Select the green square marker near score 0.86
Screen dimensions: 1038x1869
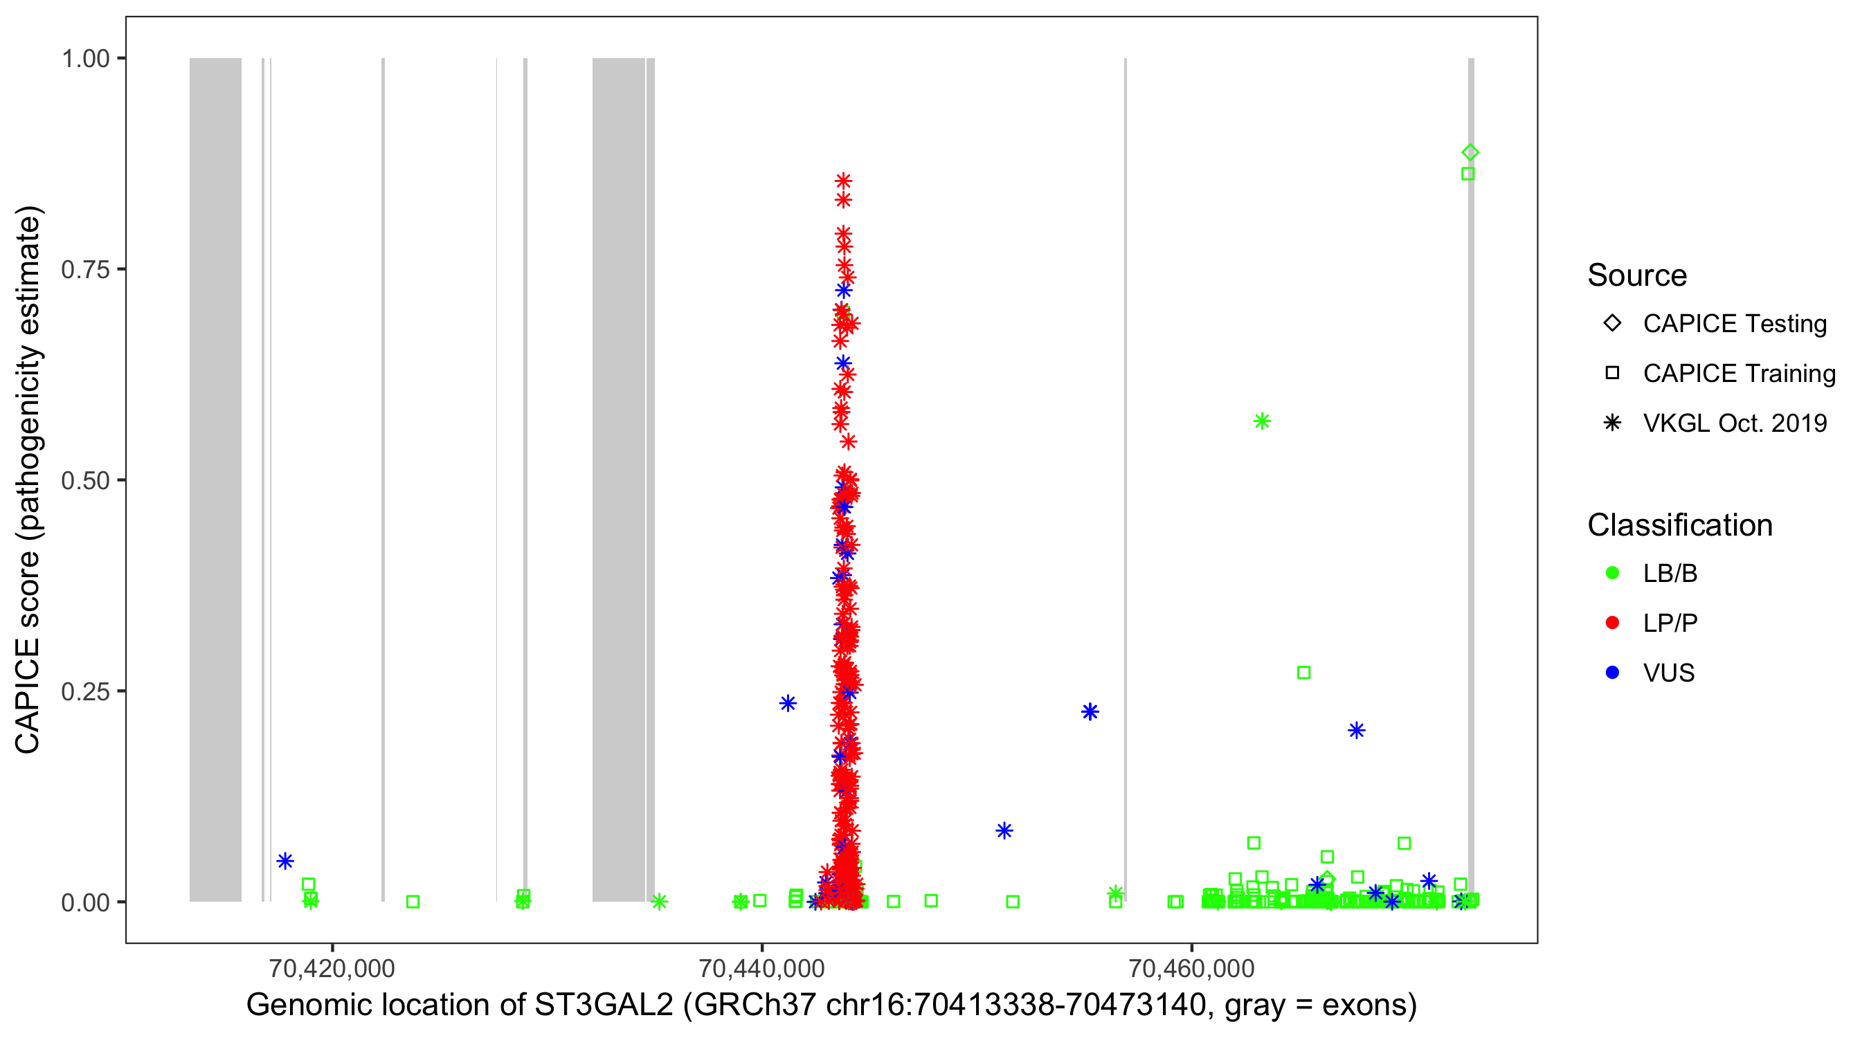click(1468, 174)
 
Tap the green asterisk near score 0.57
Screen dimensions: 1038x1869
click(1262, 421)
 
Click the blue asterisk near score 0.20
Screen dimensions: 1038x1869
click(1357, 731)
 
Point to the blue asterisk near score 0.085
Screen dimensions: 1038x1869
click(1004, 830)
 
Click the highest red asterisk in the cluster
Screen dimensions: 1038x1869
click(843, 181)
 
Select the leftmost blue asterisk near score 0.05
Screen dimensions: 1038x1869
click(285, 861)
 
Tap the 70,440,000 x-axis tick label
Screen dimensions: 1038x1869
click(761, 968)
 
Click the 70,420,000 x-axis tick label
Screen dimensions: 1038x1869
click(332, 968)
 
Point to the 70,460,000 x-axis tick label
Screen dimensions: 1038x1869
click(1191, 968)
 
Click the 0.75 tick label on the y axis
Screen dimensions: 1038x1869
click(85, 270)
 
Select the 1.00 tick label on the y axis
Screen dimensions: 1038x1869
click(85, 59)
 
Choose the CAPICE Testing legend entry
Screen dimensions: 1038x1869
click(1734, 324)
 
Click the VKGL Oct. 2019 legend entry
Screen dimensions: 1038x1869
click(1734, 423)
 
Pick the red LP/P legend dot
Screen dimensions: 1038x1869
click(1612, 623)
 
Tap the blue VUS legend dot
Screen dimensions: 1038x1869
click(1612, 673)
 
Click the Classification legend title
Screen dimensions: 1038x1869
click(1679, 525)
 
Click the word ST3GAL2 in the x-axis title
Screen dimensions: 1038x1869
click(604, 1005)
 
